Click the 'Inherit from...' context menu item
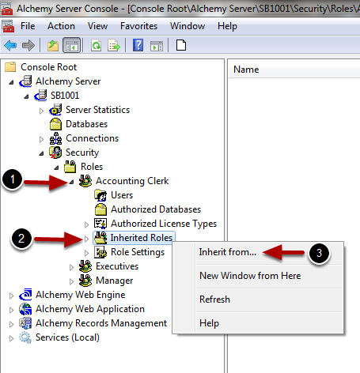click(227, 252)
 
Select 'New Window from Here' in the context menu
click(250, 276)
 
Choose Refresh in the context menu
click(214, 300)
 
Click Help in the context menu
click(209, 323)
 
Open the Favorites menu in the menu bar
click(138, 26)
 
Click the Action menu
click(61, 26)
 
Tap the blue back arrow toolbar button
click(10, 45)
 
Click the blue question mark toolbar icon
click(138, 45)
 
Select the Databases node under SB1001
click(86, 124)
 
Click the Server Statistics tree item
click(97, 110)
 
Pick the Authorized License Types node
click(164, 224)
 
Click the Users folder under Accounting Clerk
click(122, 195)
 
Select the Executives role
click(117, 266)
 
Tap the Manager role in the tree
click(114, 281)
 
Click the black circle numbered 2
click(21, 239)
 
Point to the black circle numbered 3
click(319, 253)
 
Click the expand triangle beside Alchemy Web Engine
click(11, 296)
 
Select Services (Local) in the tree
click(67, 337)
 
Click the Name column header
click(246, 70)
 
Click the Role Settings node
click(138, 252)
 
